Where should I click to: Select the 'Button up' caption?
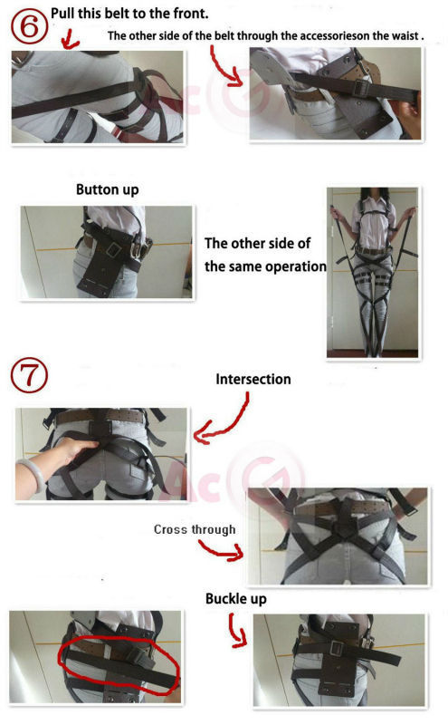point(107,191)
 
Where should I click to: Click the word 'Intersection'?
point(253,379)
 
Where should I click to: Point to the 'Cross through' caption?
point(194,529)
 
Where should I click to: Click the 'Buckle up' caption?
point(235,599)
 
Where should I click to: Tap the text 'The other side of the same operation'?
point(264,255)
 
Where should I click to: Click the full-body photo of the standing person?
point(372,272)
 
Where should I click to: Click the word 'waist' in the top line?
point(404,36)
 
